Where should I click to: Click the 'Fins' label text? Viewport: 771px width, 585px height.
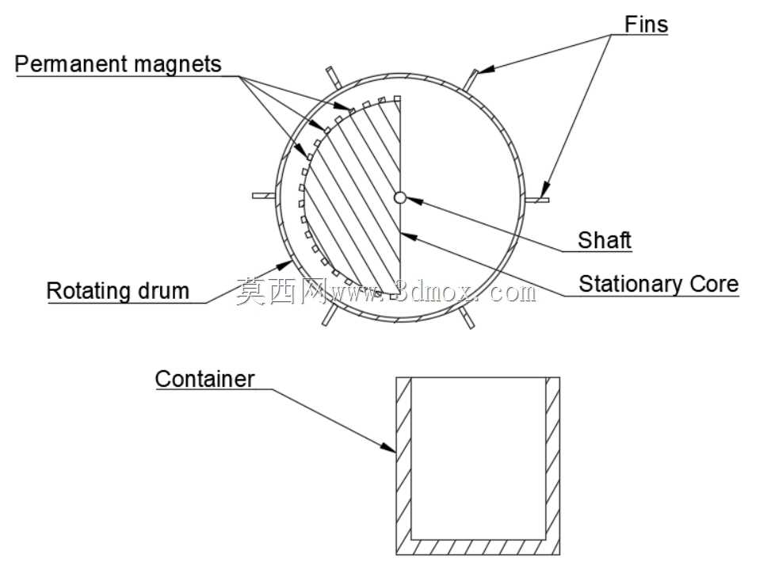click(646, 24)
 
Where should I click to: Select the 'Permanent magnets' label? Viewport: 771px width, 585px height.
click(118, 64)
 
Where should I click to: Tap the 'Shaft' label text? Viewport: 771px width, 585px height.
click(605, 240)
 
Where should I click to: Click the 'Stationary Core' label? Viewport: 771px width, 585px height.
click(658, 284)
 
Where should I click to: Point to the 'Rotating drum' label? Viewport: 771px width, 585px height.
click(117, 291)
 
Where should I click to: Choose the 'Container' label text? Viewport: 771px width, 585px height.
click(204, 379)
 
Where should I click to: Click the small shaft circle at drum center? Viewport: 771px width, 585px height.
click(399, 197)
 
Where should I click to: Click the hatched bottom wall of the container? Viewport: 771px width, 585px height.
click(478, 547)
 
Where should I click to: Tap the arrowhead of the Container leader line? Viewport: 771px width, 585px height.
click(388, 447)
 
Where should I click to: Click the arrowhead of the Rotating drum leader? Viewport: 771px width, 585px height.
click(284, 265)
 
